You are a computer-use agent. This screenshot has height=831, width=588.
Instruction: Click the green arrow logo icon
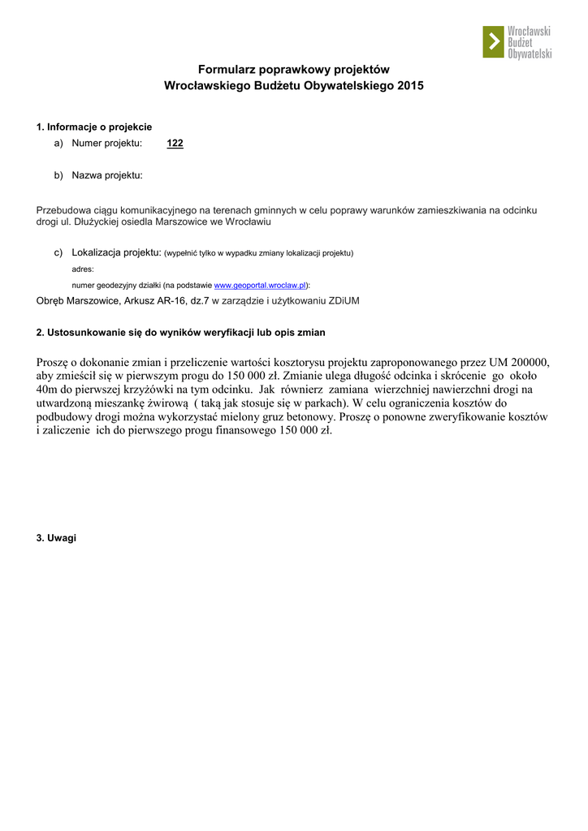click(x=494, y=42)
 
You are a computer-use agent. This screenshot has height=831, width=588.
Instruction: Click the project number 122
click(x=175, y=144)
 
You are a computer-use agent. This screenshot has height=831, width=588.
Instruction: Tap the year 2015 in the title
click(x=411, y=85)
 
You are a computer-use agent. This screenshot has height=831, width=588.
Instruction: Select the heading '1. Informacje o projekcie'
click(x=94, y=127)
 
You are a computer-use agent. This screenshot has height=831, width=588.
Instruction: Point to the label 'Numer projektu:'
click(x=107, y=144)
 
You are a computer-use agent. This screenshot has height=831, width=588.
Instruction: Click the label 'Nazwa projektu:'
click(x=107, y=174)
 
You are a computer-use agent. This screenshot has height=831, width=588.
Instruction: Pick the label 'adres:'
click(x=83, y=269)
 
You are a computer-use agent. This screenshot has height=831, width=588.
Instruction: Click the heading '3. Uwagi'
click(x=56, y=538)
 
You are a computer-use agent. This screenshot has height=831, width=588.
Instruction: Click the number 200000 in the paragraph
click(x=530, y=362)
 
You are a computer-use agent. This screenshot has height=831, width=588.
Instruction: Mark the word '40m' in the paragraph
click(x=48, y=390)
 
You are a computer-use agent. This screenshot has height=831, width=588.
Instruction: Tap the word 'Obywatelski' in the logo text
click(x=530, y=54)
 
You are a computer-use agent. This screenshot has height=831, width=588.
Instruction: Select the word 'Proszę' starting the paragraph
click(x=53, y=362)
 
